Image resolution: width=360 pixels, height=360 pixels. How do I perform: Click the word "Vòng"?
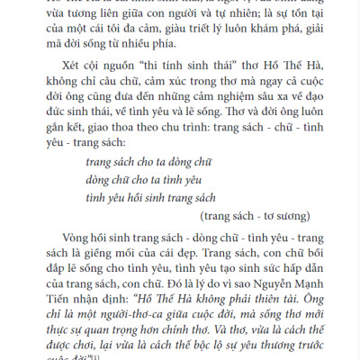(x=78, y=265)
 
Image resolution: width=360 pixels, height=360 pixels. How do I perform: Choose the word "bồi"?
(x=308, y=284)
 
